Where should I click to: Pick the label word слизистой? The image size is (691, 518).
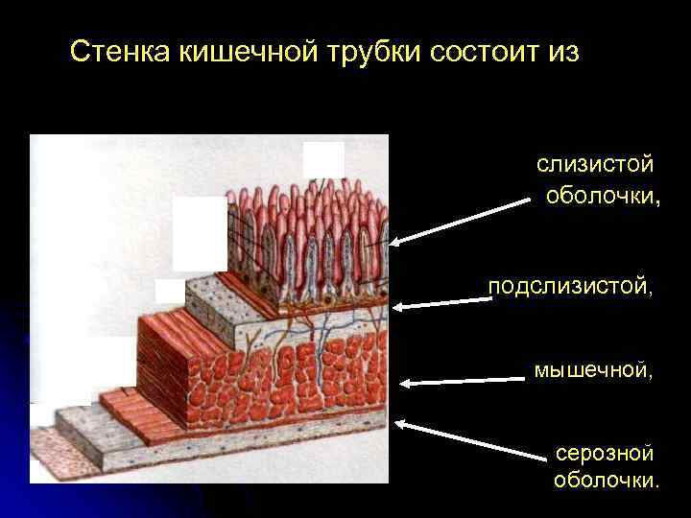coord(595,165)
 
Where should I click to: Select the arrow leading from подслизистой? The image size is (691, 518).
coord(441,303)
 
